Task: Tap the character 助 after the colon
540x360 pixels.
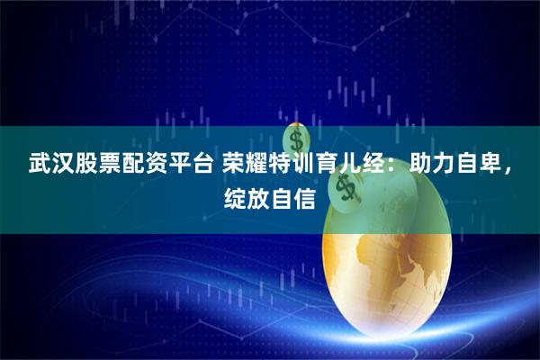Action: (420, 165)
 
